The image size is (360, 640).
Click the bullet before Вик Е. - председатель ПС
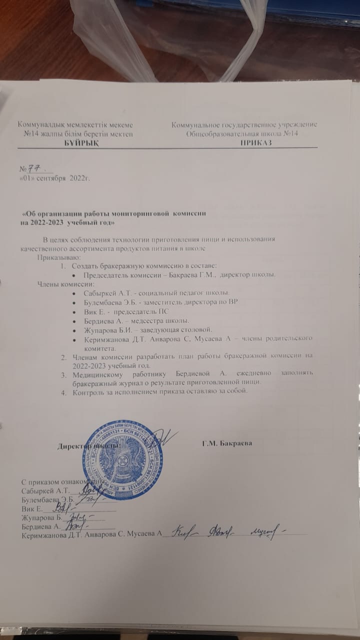coord(74,311)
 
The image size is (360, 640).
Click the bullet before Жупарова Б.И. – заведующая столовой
coord(74,329)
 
